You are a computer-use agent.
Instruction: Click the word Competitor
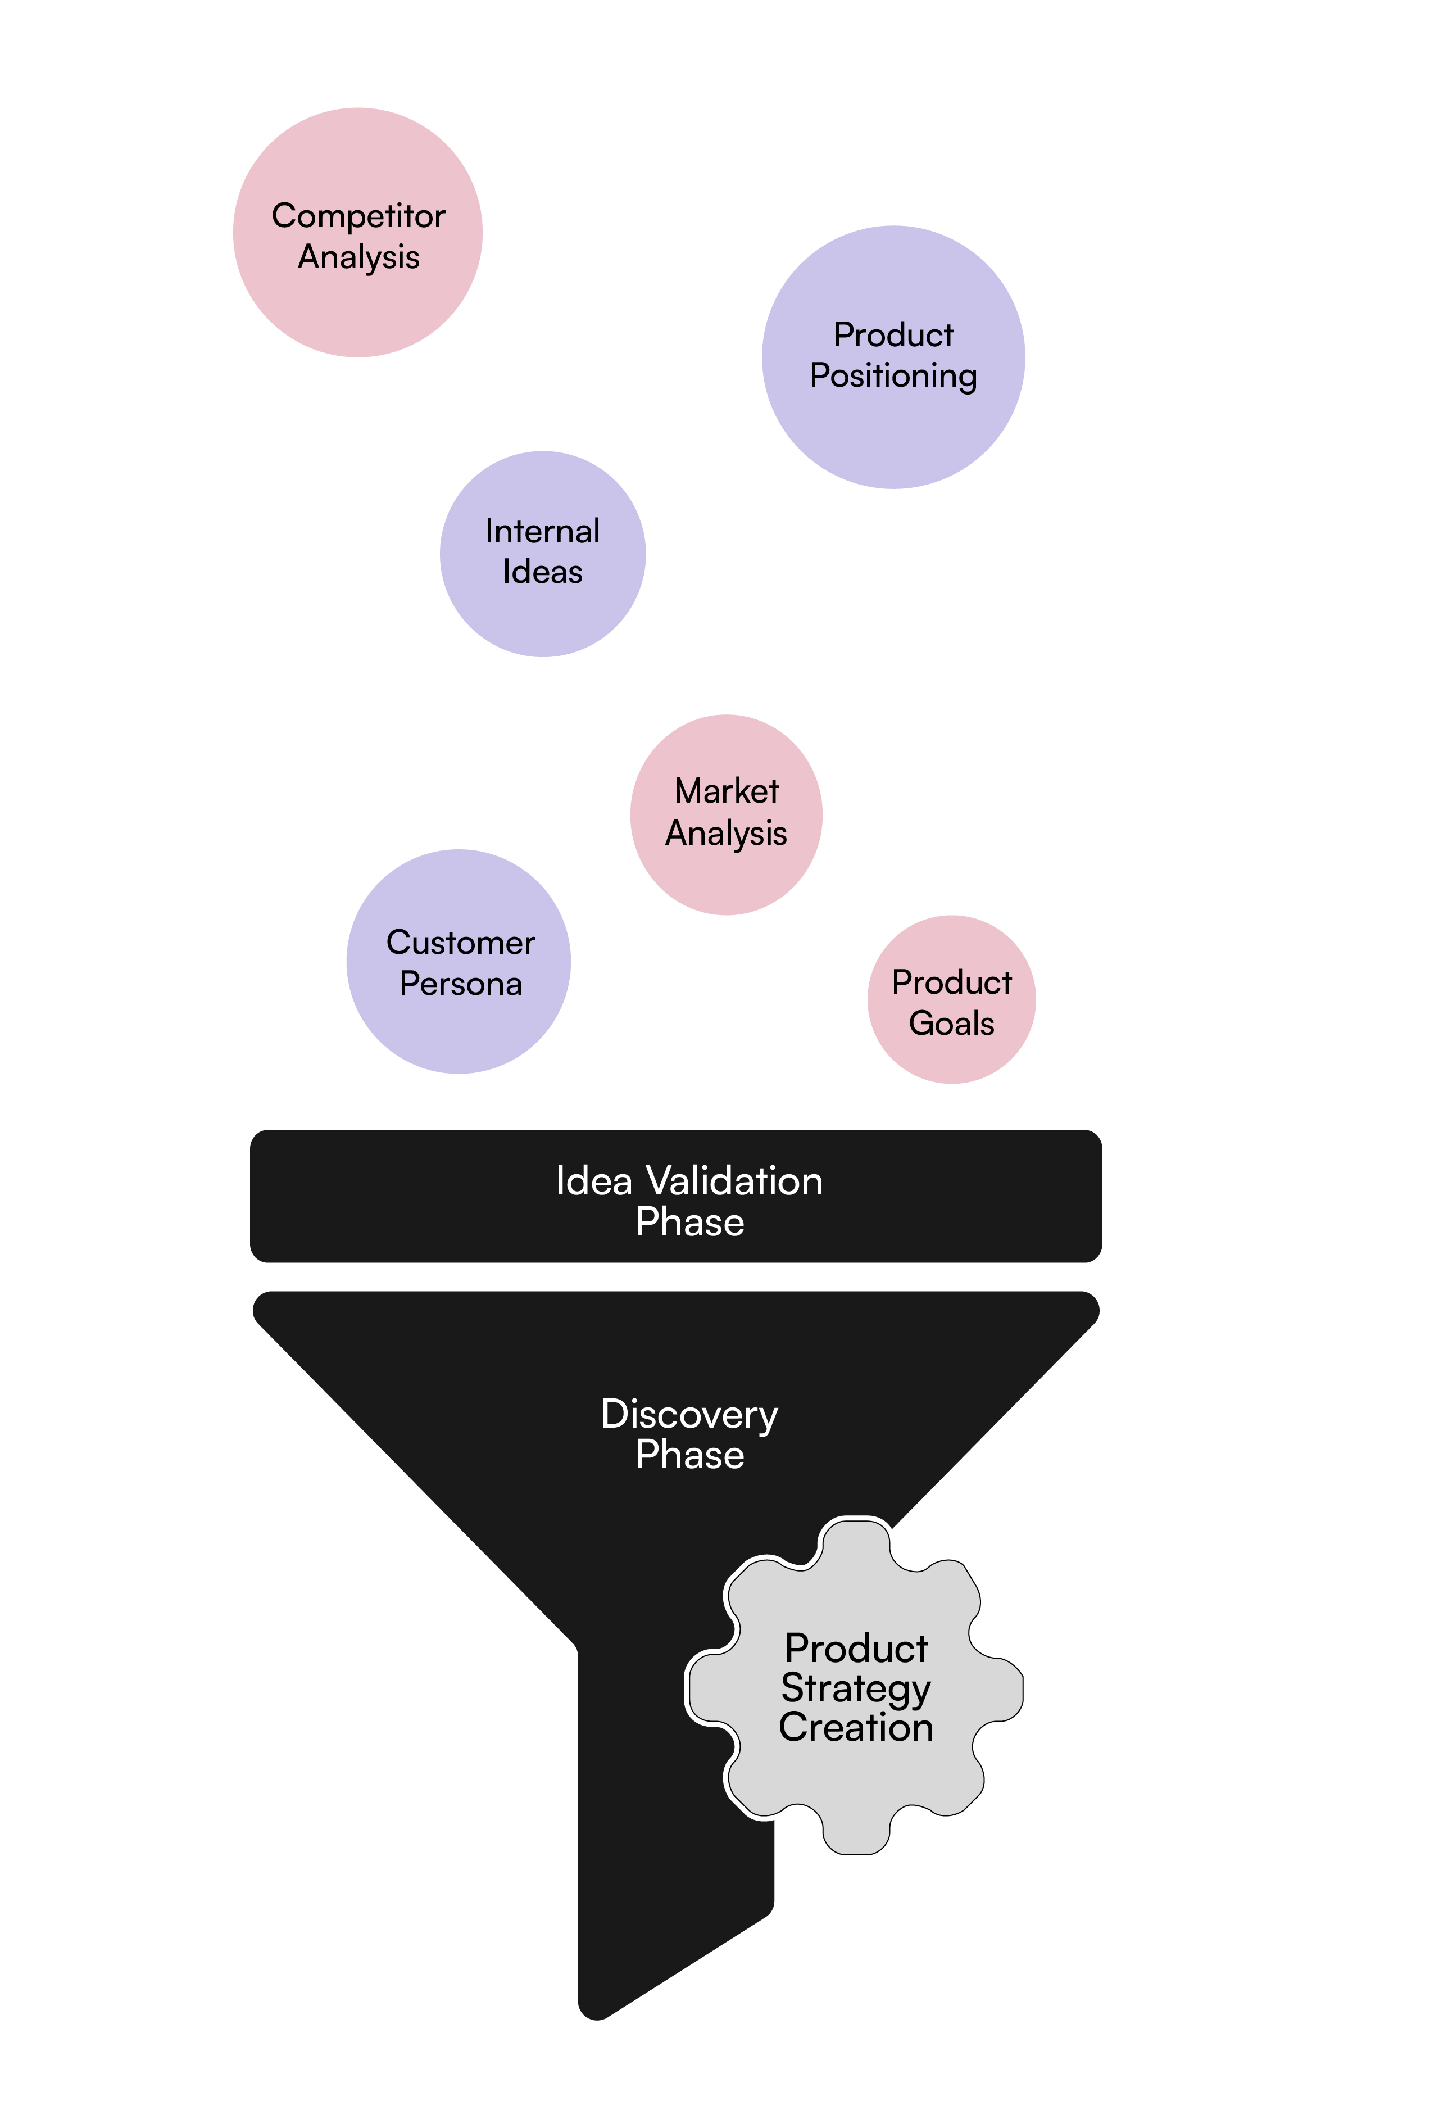pos(358,216)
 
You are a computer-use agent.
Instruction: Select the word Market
pos(726,791)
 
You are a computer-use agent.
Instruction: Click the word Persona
pos(460,984)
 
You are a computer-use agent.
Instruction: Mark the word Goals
pos(951,1023)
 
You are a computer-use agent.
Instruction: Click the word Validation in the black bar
pos(734,1181)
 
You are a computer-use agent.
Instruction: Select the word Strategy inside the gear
pos(855,1687)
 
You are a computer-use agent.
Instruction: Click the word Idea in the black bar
pos(593,1181)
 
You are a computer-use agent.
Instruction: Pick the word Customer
pos(460,942)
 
